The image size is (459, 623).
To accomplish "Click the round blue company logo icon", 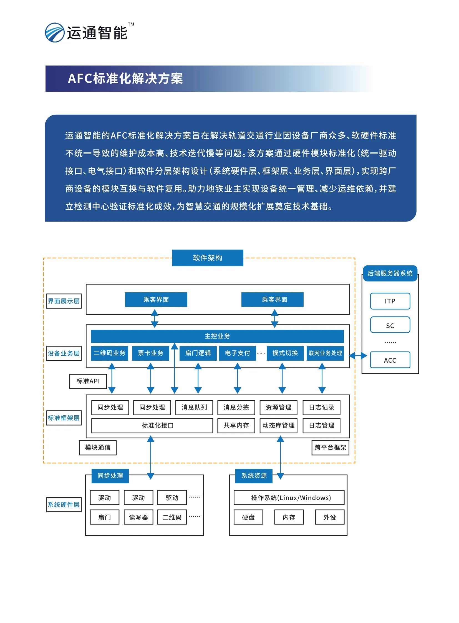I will coord(55,32).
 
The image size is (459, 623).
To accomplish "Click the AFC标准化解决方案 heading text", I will coord(125,79).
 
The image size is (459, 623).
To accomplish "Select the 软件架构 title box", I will coord(208,258).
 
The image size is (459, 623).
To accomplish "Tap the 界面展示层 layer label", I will coord(64,301).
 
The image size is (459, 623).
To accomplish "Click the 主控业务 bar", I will coord(217,336).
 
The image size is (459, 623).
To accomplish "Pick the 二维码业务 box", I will coord(109,353).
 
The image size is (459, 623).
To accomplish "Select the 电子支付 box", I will coord(237,353).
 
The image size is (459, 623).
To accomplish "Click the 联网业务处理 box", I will coord(325,353).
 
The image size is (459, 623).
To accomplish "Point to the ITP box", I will coord(390,301).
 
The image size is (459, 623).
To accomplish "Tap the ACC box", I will coord(390,360).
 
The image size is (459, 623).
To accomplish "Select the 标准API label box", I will coord(88,381).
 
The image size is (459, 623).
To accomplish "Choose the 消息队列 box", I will coord(194,407).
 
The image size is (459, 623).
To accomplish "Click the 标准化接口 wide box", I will coord(152,425).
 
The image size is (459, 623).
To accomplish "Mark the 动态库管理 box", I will coord(278,425).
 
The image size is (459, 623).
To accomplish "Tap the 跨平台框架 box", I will coord(330,447).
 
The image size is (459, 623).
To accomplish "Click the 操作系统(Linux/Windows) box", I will coord(289,497).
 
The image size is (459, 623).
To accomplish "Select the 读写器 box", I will coord(138,517).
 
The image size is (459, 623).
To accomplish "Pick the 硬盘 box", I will coord(248,517).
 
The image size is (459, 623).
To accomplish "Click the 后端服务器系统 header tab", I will coord(390,273).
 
